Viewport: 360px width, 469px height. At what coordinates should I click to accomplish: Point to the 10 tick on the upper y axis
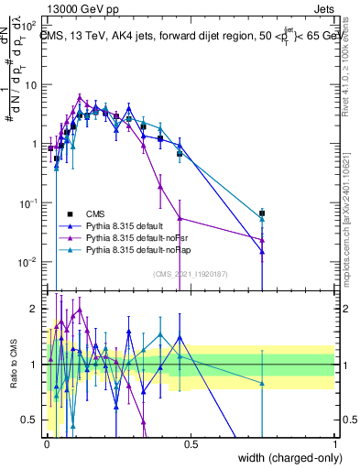coord(32,84)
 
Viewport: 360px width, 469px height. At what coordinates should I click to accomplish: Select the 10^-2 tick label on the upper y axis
coord(30,261)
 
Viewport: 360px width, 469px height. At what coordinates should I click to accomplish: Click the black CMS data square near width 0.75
coord(262,213)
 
